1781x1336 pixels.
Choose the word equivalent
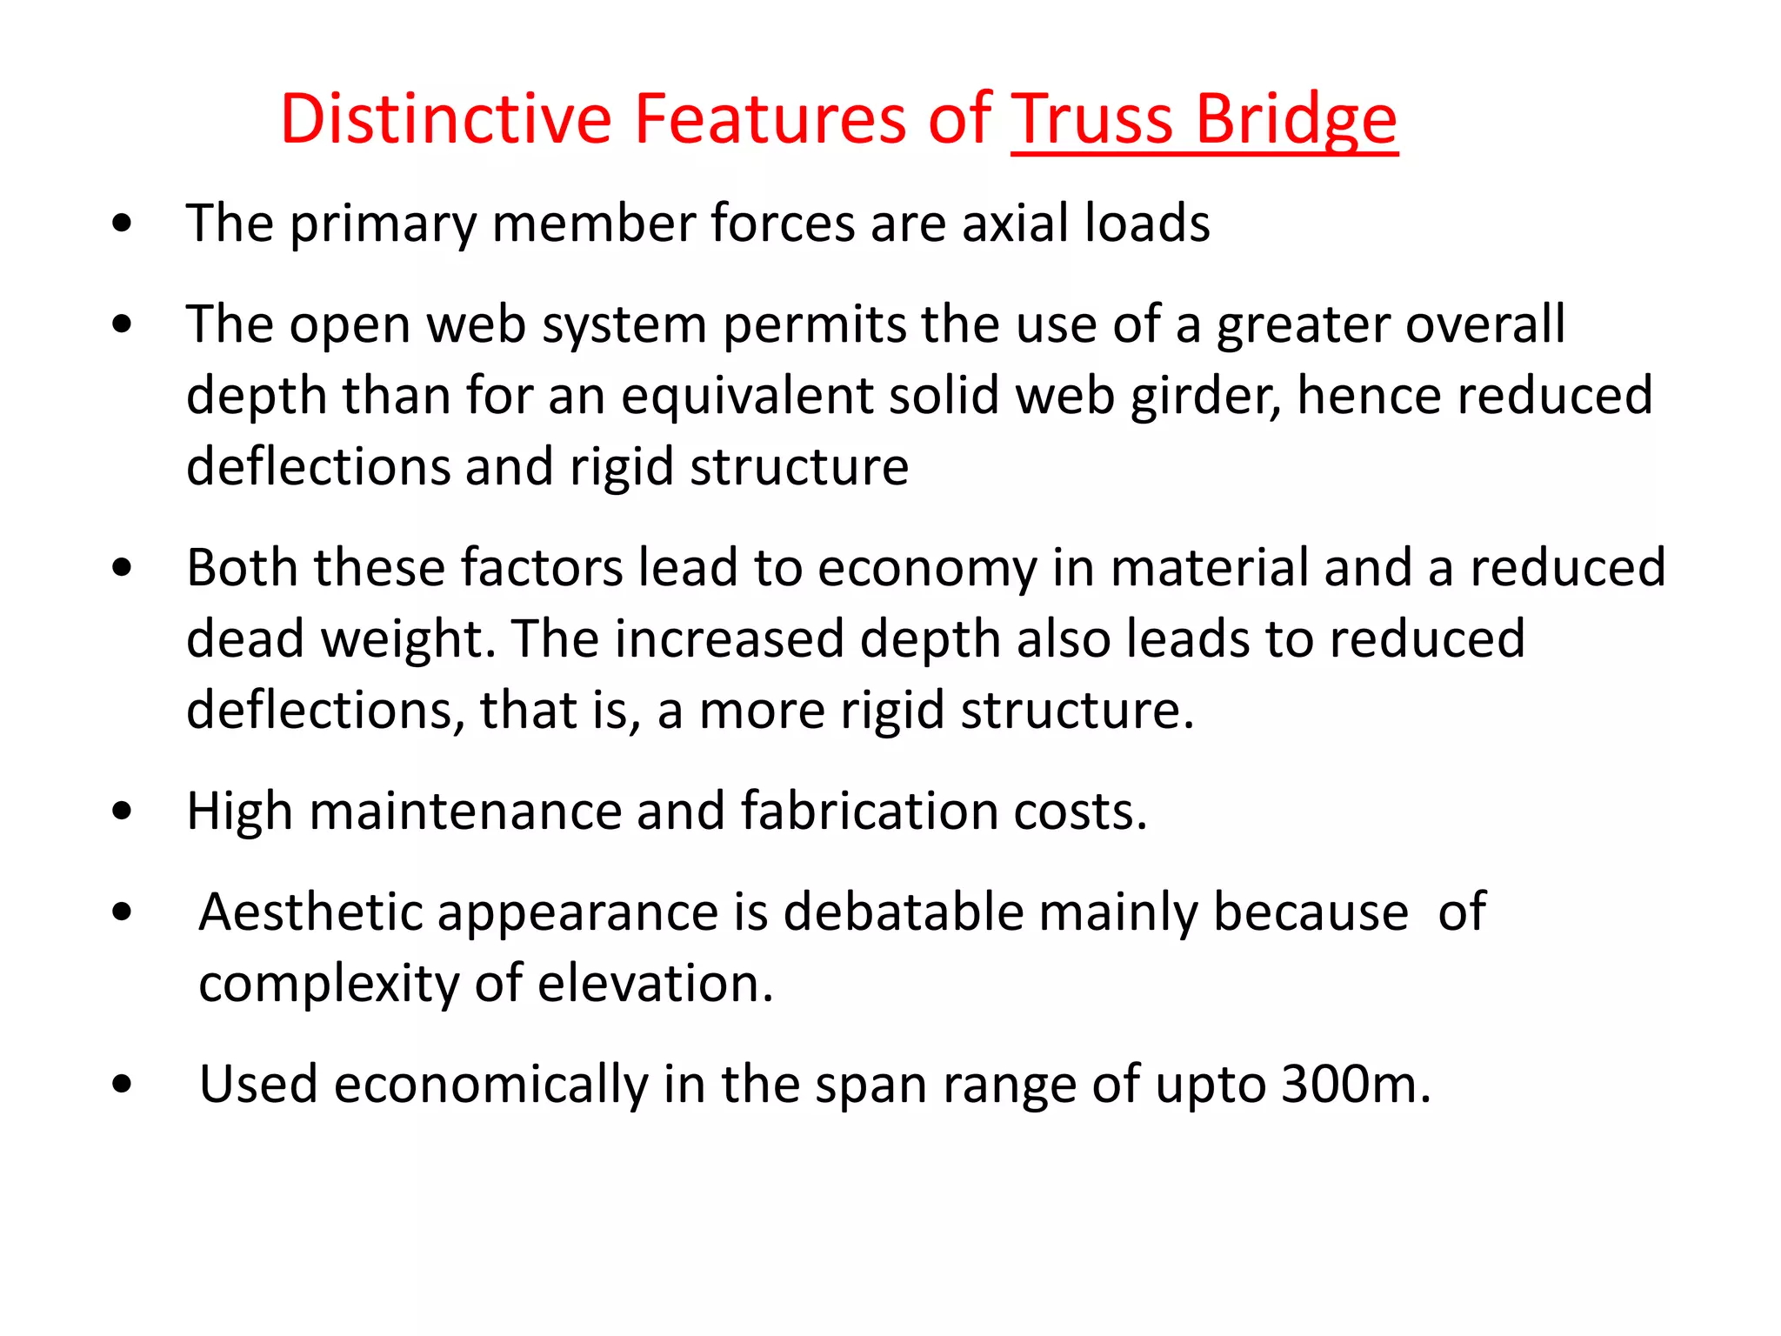[x=745, y=397]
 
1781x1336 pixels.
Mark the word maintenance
[x=464, y=811]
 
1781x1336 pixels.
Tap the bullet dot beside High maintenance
[x=122, y=812]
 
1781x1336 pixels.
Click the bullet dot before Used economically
[x=122, y=1085]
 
